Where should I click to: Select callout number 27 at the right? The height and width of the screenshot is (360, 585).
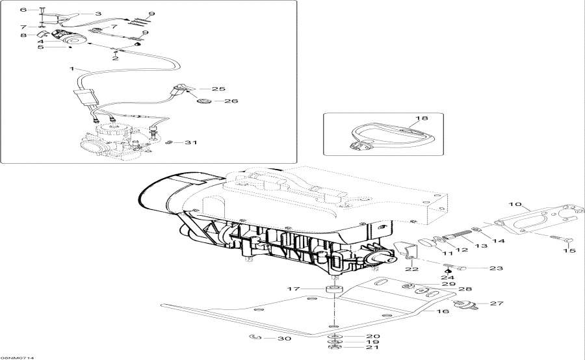(x=497, y=303)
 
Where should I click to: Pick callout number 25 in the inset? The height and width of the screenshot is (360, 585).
(x=218, y=88)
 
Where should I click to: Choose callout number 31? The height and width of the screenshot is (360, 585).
(x=190, y=143)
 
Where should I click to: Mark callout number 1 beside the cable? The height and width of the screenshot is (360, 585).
(x=72, y=68)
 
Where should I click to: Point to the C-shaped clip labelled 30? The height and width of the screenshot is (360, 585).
(x=255, y=337)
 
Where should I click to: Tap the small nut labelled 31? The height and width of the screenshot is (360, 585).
(x=168, y=143)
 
